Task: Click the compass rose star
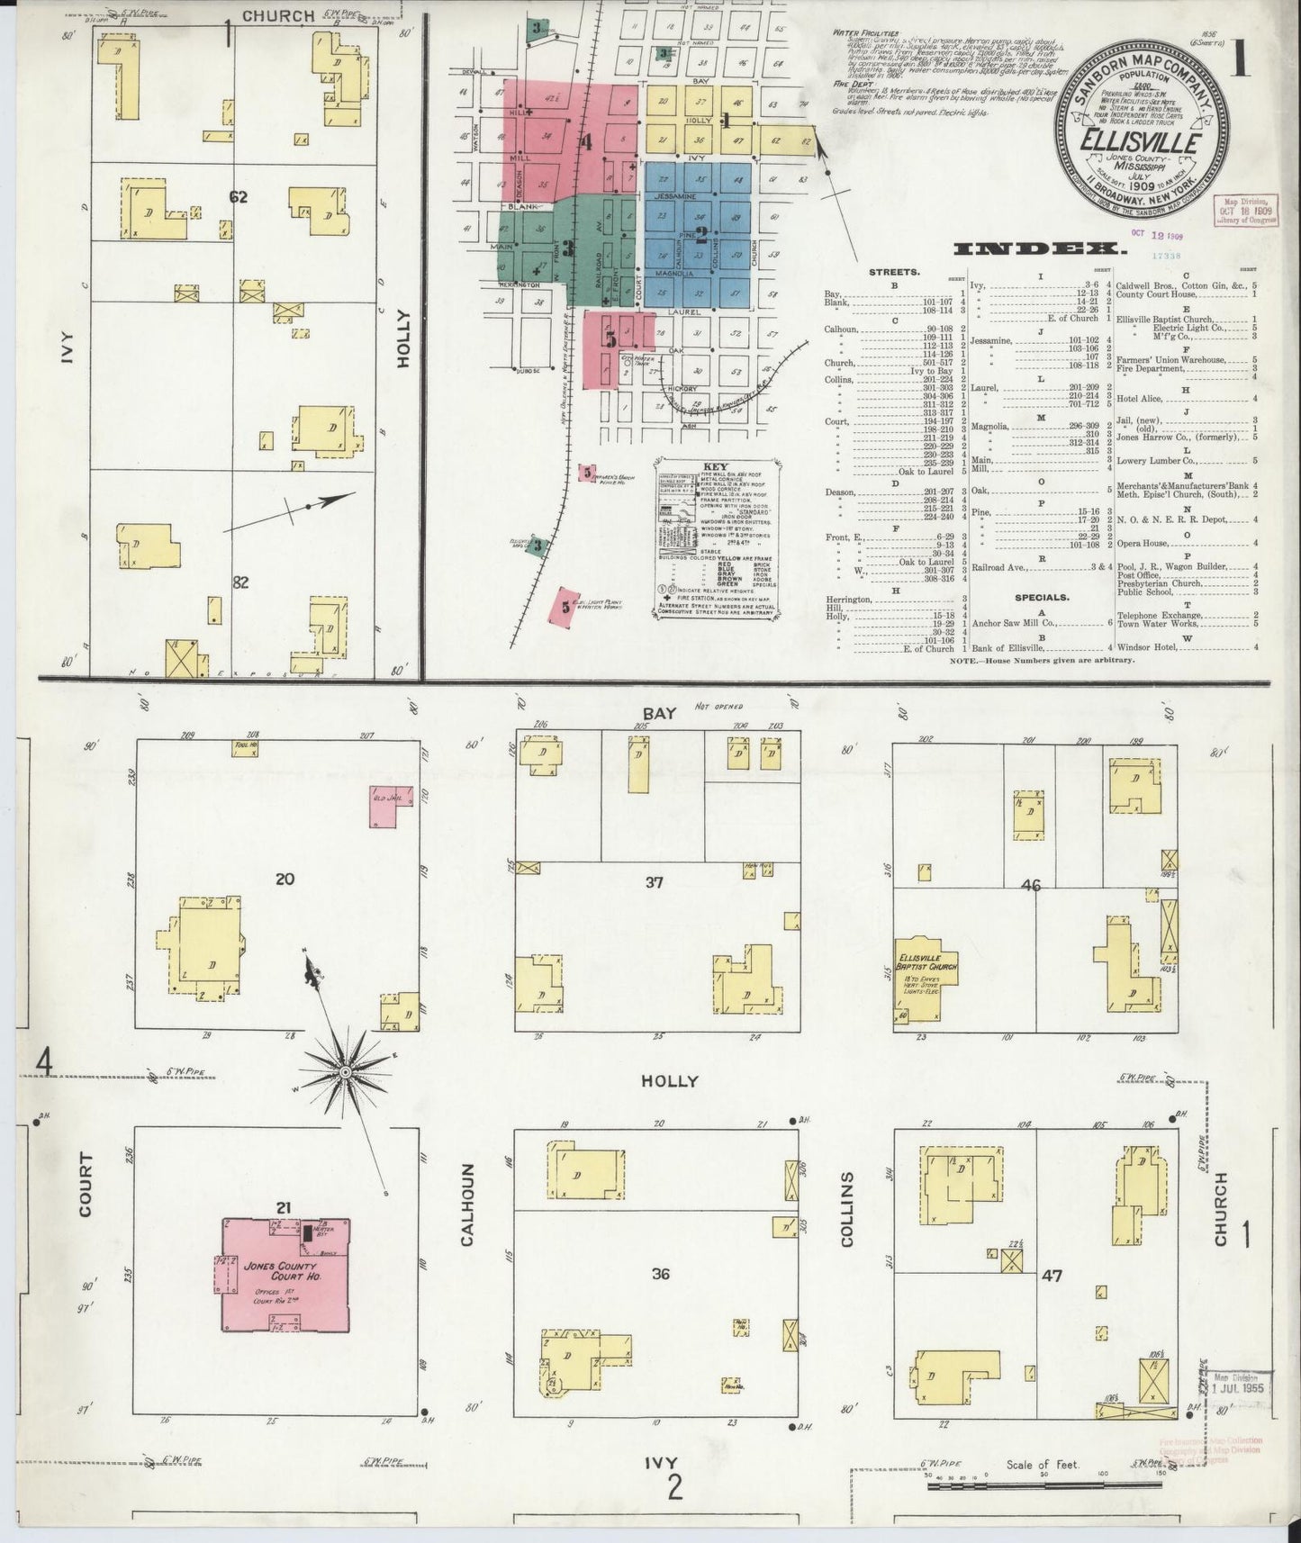click(x=344, y=1072)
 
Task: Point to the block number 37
click(x=655, y=882)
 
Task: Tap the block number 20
click(x=285, y=879)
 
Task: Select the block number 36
click(x=662, y=1274)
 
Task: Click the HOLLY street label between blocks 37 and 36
click(x=670, y=1081)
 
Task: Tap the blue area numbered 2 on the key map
click(x=699, y=236)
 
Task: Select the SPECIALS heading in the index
click(x=1042, y=596)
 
